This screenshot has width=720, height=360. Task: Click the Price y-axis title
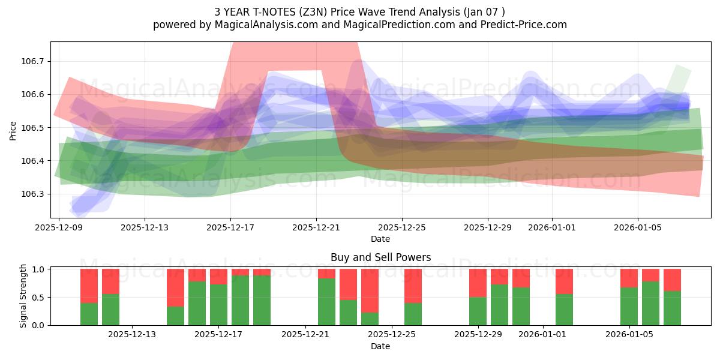click(x=13, y=130)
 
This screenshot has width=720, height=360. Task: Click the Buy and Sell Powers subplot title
click(x=380, y=257)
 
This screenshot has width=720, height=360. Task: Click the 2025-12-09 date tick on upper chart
click(x=59, y=228)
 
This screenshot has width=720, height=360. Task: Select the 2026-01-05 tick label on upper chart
click(x=637, y=228)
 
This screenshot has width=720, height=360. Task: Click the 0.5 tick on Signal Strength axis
click(x=39, y=298)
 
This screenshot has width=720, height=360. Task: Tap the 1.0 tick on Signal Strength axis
click(x=39, y=269)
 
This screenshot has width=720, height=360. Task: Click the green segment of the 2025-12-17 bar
click(x=218, y=305)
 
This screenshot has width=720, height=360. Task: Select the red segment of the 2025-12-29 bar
click(x=478, y=283)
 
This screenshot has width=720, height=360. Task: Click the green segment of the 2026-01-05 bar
click(x=629, y=306)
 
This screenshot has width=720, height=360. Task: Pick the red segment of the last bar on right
click(x=672, y=280)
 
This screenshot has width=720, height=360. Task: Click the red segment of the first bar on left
click(x=89, y=286)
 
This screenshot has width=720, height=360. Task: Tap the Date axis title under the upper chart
click(x=380, y=239)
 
